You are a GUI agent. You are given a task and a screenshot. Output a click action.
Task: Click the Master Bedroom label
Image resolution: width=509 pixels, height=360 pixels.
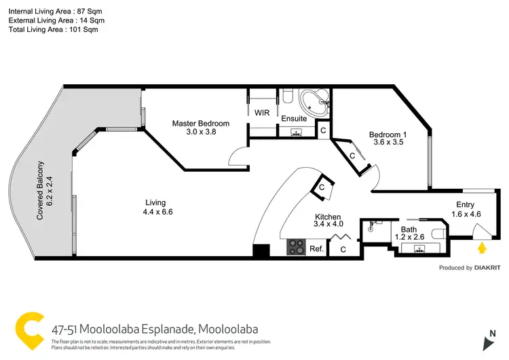point(200,124)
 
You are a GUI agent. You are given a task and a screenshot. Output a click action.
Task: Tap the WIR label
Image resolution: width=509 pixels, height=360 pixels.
point(262,113)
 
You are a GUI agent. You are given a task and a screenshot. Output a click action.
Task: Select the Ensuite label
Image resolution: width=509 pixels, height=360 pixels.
point(295,119)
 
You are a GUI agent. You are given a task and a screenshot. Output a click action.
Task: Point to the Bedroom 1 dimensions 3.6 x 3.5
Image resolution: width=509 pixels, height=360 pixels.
point(386,143)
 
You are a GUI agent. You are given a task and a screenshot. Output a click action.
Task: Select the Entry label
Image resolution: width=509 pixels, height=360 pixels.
point(466,204)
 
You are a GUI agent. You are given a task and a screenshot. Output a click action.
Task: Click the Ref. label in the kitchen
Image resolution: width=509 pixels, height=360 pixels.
point(316,249)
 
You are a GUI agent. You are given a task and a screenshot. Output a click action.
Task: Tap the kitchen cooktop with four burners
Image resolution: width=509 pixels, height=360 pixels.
point(297,247)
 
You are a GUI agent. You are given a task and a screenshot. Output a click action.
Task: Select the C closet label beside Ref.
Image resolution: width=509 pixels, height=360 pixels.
point(343,249)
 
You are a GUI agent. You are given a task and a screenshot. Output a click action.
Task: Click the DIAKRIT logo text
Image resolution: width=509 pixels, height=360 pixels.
point(487,268)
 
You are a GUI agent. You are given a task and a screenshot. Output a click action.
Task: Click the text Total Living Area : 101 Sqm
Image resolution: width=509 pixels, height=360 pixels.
point(53,31)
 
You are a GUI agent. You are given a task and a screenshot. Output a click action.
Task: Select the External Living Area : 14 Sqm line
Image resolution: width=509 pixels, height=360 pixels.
point(56,21)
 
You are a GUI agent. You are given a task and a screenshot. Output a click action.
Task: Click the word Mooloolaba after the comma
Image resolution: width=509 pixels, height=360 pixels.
point(228,329)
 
